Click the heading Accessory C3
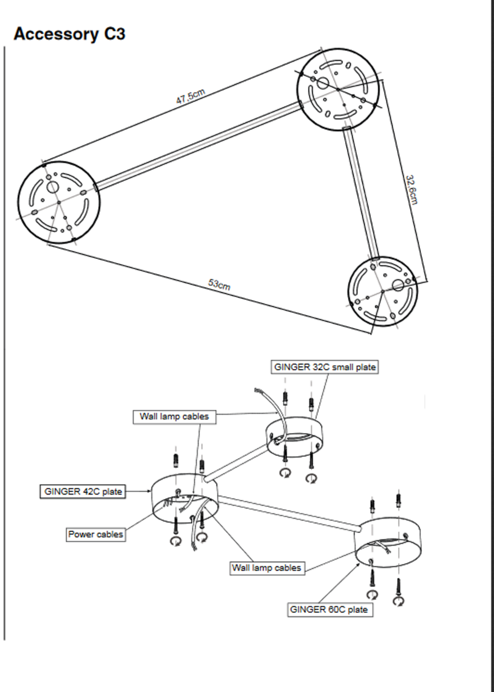click(69, 34)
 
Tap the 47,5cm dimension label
click(190, 96)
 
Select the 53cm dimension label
click(219, 285)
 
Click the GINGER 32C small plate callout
click(324, 367)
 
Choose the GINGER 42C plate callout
click(83, 491)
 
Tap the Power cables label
click(95, 534)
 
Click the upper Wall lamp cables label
click(174, 416)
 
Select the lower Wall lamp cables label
click(267, 568)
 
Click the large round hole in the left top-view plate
click(53, 187)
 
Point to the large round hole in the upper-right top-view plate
click(322, 83)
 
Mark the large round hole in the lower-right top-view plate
click(398, 285)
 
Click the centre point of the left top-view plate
click(59, 202)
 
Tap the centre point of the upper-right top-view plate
click(338, 89)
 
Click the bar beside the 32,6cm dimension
click(361, 192)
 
